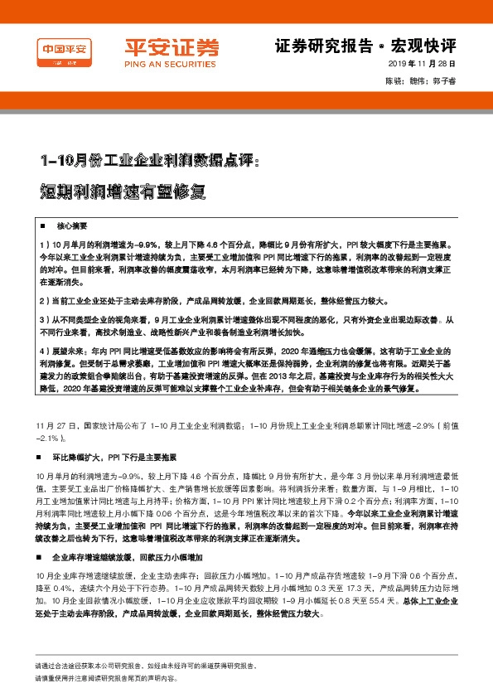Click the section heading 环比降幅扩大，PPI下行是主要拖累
[114, 456]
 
